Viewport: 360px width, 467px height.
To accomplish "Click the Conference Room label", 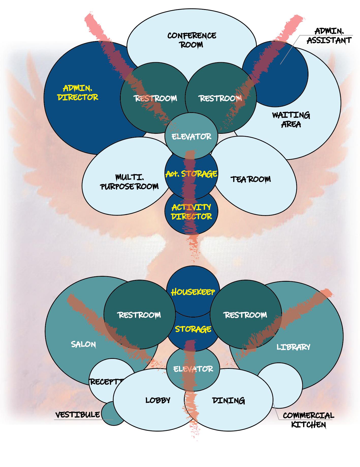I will pos(192,40).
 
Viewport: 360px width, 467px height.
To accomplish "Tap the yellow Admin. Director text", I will pos(78,93).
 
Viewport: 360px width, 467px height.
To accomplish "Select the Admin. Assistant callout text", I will pos(329,36).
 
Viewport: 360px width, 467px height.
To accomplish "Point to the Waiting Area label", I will pos(291,120).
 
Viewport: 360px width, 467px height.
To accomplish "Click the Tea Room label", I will pos(251,179).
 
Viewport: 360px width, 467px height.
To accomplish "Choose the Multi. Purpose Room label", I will pos(130,182).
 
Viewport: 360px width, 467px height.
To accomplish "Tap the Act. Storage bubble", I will pos(191,174).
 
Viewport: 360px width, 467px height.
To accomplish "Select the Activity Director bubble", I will pos(191,212).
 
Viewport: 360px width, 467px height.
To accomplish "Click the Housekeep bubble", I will pos(193,292).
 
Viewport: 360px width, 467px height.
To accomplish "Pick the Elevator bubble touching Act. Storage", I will pos(191,137).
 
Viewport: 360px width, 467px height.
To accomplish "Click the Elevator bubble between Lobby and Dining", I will pos(193,369).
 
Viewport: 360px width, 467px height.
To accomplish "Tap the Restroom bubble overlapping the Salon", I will pos(139,315).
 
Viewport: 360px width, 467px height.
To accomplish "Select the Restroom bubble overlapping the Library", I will pos(245,315).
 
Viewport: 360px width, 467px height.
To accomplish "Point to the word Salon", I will pos(83,344).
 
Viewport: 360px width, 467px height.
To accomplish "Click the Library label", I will pos(293,347).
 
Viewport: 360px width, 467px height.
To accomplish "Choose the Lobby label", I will pos(158,400).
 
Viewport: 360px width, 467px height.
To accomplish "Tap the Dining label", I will pos(228,401).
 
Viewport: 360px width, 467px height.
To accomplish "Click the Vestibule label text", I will pos(78,415).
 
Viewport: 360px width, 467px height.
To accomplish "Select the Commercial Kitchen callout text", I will pos(308,420).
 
